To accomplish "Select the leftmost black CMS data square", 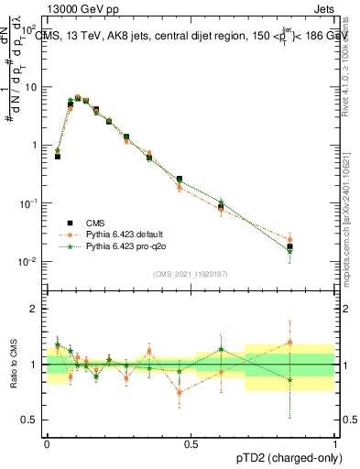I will tap(57, 157).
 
